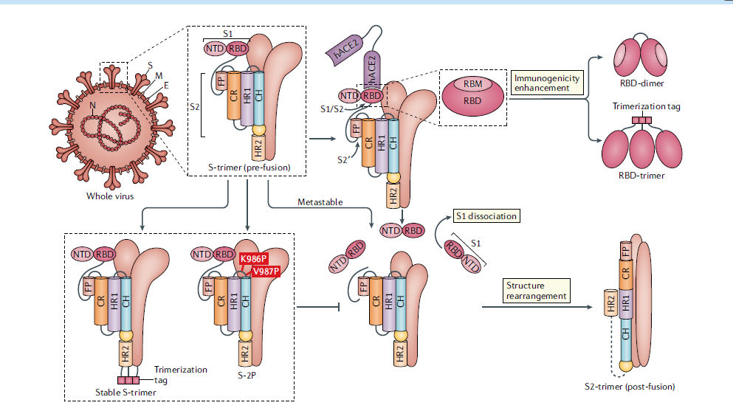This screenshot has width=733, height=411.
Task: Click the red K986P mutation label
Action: click(x=254, y=259)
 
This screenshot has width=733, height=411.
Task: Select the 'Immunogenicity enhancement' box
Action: click(x=546, y=83)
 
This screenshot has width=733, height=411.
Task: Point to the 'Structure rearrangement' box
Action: click(x=537, y=290)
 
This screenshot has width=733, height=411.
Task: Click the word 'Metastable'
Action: click(x=320, y=201)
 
